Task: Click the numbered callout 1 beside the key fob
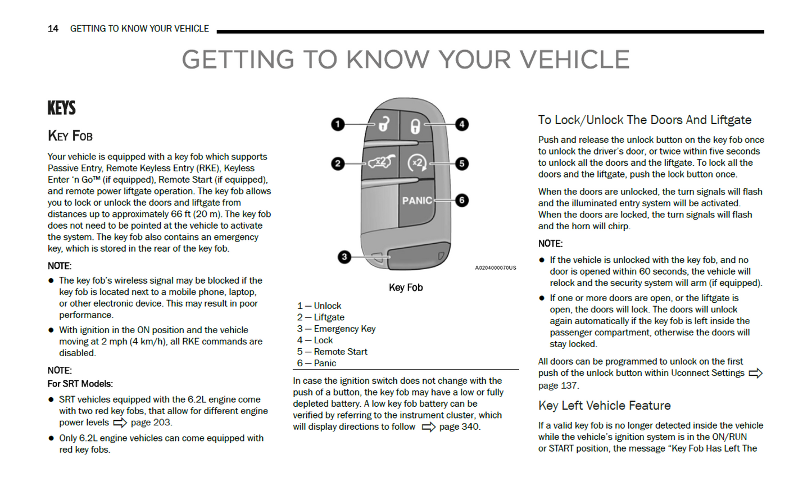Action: pyautogui.click(x=338, y=124)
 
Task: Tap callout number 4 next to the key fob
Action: pyautogui.click(x=462, y=124)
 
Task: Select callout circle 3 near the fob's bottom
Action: pyautogui.click(x=344, y=257)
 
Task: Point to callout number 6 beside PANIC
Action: pyautogui.click(x=462, y=200)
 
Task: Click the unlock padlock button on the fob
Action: pyautogui.click(x=383, y=124)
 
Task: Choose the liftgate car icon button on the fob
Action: pyautogui.click(x=381, y=163)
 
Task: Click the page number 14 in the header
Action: pyautogui.click(x=53, y=29)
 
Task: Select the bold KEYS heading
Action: pyautogui.click(x=62, y=108)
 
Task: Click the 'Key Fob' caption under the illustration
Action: pyautogui.click(x=406, y=288)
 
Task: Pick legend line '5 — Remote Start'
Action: pyautogui.click(x=332, y=352)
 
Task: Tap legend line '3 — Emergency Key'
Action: pyautogui.click(x=336, y=329)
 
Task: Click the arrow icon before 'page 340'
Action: pyautogui.click(x=428, y=427)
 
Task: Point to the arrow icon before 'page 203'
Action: pyautogui.click(x=120, y=422)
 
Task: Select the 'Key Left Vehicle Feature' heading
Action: pyautogui.click(x=604, y=406)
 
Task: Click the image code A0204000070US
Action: pyautogui.click(x=495, y=268)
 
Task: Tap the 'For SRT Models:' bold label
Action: pyautogui.click(x=80, y=384)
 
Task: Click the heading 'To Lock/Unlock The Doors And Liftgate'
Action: pyautogui.click(x=645, y=120)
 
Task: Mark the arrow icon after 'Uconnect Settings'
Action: pyautogui.click(x=755, y=373)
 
